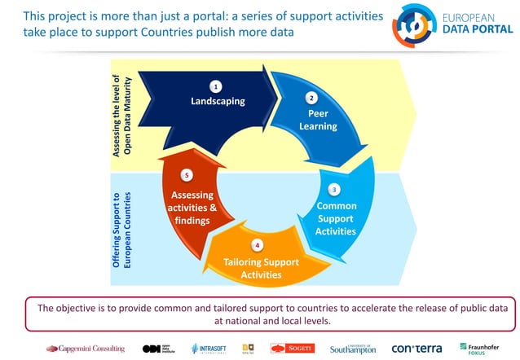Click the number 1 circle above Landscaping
point(216,86)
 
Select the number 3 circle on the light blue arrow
point(334,189)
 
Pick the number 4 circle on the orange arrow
point(258,244)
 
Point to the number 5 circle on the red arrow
point(187,175)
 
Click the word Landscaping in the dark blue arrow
point(218,102)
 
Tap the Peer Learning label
point(317,120)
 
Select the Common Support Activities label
point(336,218)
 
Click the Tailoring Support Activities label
point(261,268)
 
